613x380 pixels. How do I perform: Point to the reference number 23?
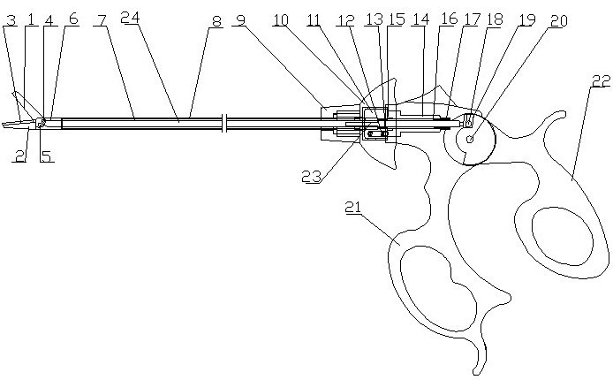pyautogui.click(x=310, y=175)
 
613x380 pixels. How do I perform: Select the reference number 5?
pyautogui.click(x=46, y=157)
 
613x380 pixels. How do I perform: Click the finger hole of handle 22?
pyautogui.click(x=560, y=234)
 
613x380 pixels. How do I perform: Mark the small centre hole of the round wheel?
pyautogui.click(x=470, y=139)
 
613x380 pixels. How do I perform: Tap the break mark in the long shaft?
pyautogui.click(x=225, y=125)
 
